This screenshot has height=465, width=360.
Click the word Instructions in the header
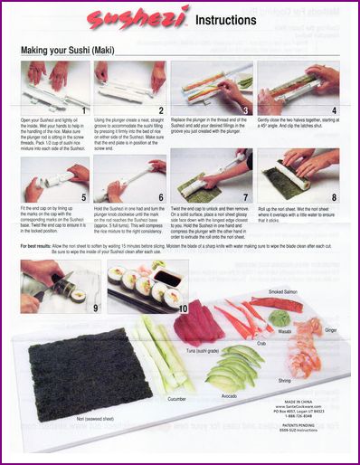click(x=224, y=19)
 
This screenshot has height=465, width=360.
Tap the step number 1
click(x=84, y=110)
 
